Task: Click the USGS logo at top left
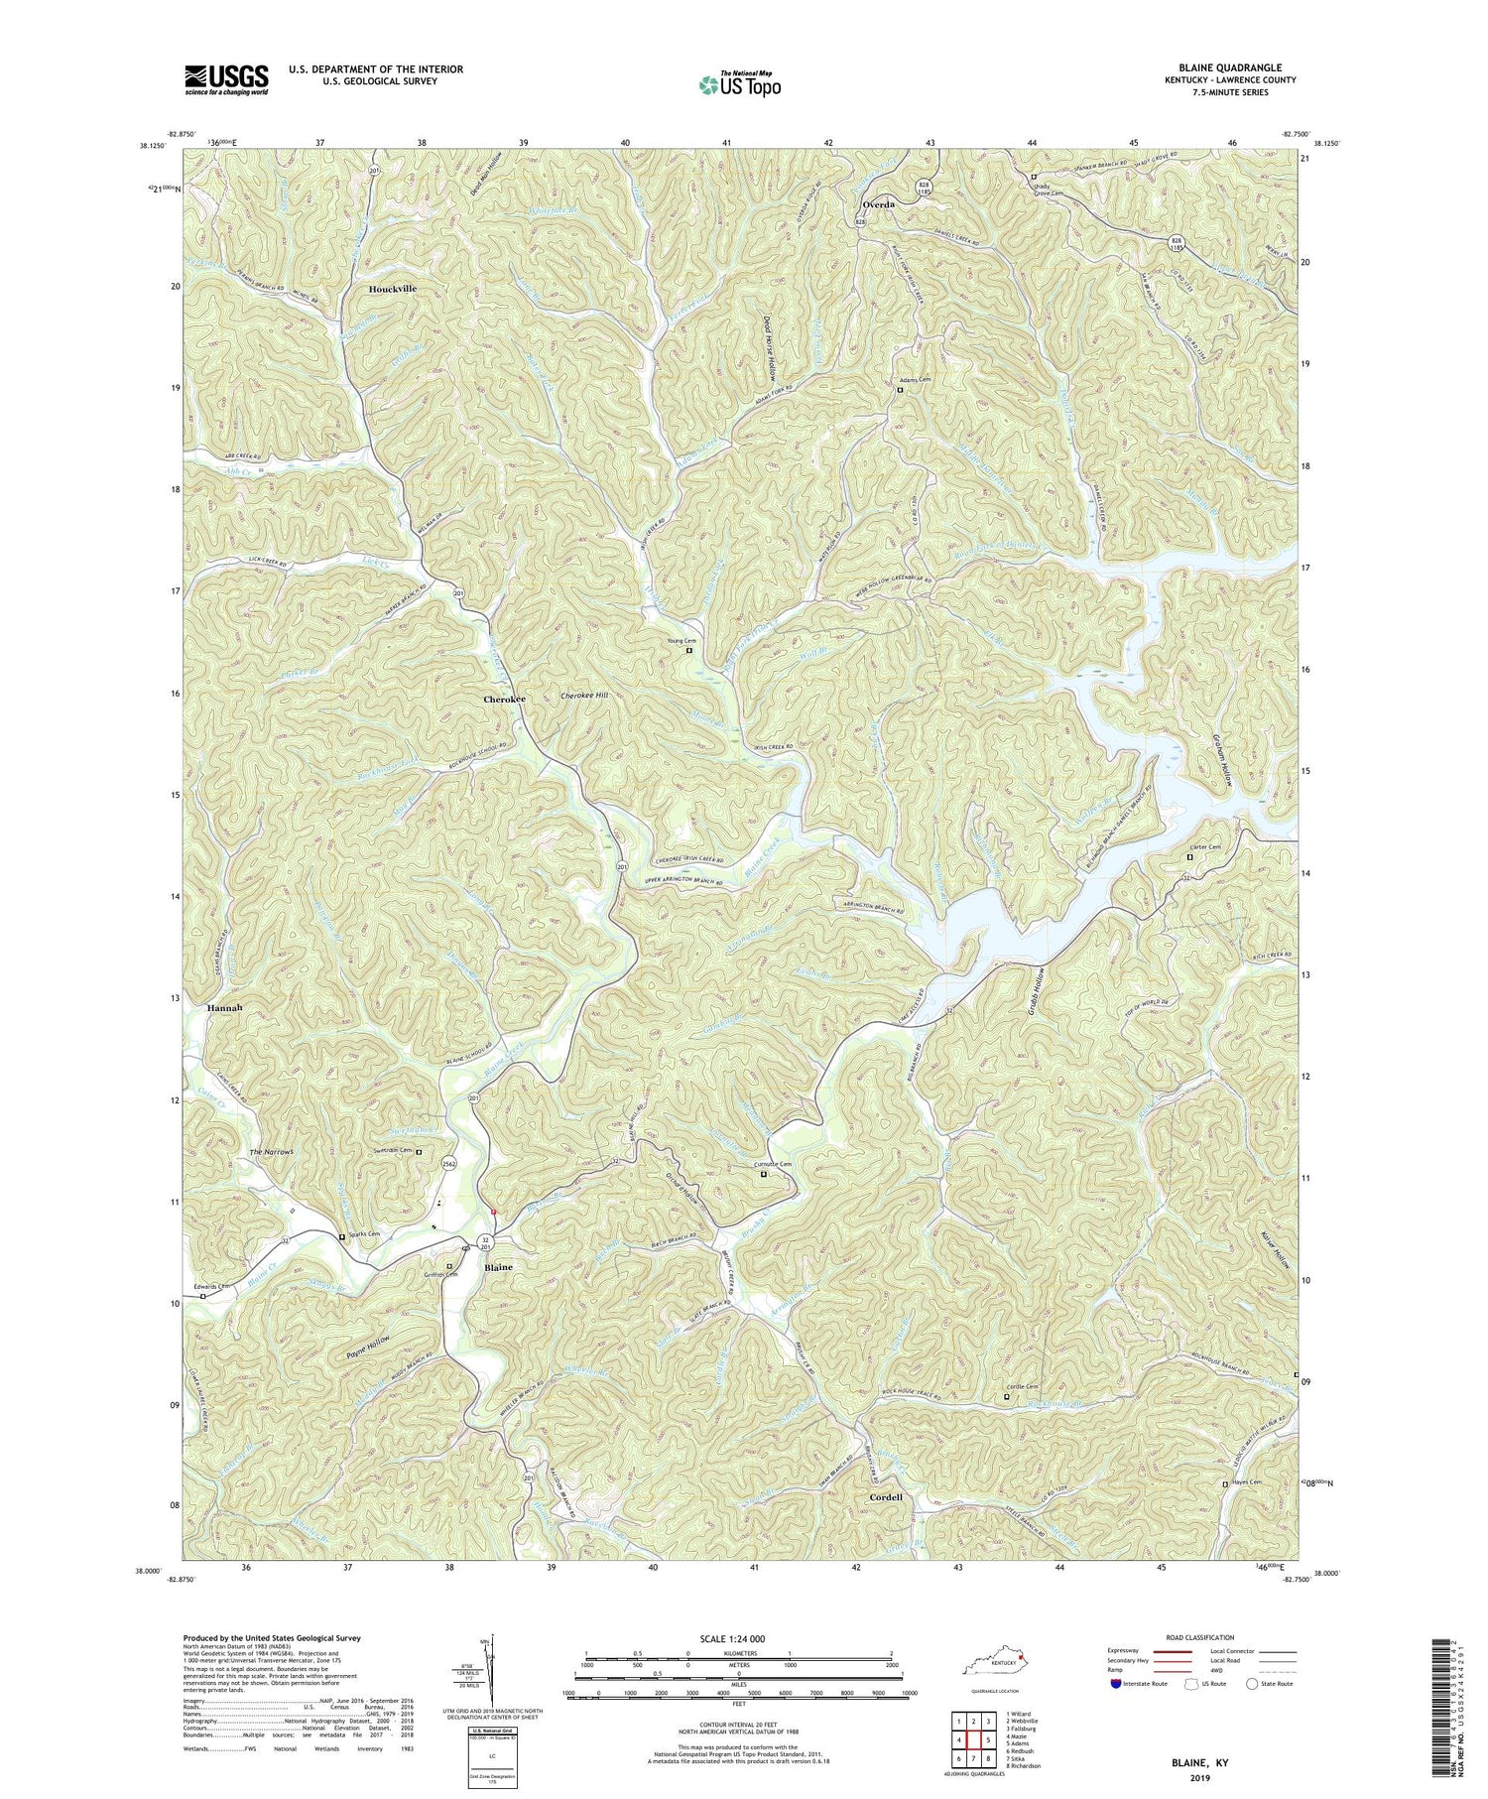[225, 78]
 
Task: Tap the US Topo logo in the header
[739, 85]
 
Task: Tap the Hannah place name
[225, 1007]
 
